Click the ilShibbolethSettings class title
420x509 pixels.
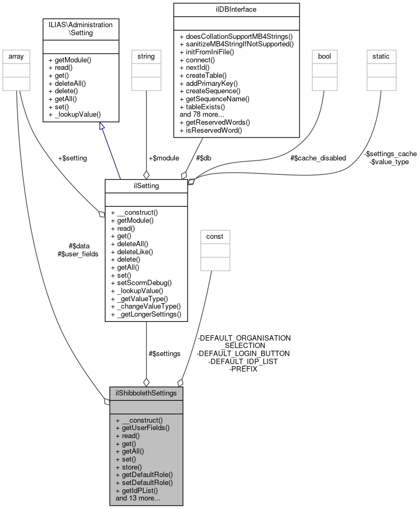coord(146,393)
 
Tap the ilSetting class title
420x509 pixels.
coord(146,185)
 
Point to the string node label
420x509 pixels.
coord(146,55)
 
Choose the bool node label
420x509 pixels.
coord(325,55)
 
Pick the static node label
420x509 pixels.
coord(381,55)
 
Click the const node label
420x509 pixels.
coord(215,236)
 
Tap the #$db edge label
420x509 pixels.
coord(206,158)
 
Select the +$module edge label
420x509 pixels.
coord(164,158)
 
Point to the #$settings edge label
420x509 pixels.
coord(165,353)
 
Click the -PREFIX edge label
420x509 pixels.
coord(243,369)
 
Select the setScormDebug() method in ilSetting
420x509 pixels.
coord(141,282)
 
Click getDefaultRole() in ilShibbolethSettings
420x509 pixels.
coord(144,474)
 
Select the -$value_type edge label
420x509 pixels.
coord(389,161)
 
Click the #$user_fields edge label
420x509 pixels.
coord(78,254)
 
